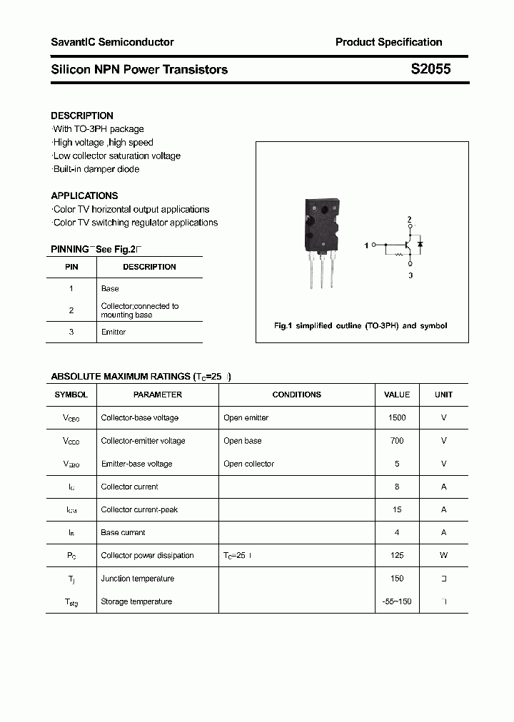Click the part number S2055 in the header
pyautogui.click(x=430, y=70)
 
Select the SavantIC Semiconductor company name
pyautogui.click(x=112, y=42)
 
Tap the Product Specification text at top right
pyautogui.click(x=388, y=42)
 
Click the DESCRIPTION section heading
pyautogui.click(x=82, y=116)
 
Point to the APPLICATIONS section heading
pyautogui.click(x=84, y=195)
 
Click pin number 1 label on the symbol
pyautogui.click(x=366, y=245)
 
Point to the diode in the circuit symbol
pyautogui.click(x=420, y=245)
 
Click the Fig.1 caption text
pyautogui.click(x=361, y=326)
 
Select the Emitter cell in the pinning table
pyautogui.click(x=114, y=332)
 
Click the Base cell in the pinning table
pyautogui.click(x=110, y=289)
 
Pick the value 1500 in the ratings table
pyautogui.click(x=397, y=418)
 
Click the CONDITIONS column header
pyautogui.click(x=296, y=395)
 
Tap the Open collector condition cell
pyautogui.click(x=248, y=464)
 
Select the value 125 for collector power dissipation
pyautogui.click(x=397, y=556)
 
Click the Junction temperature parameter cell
pyautogui.click(x=138, y=579)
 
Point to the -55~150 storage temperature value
pyautogui.click(x=397, y=601)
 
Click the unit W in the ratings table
pyautogui.click(x=443, y=556)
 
